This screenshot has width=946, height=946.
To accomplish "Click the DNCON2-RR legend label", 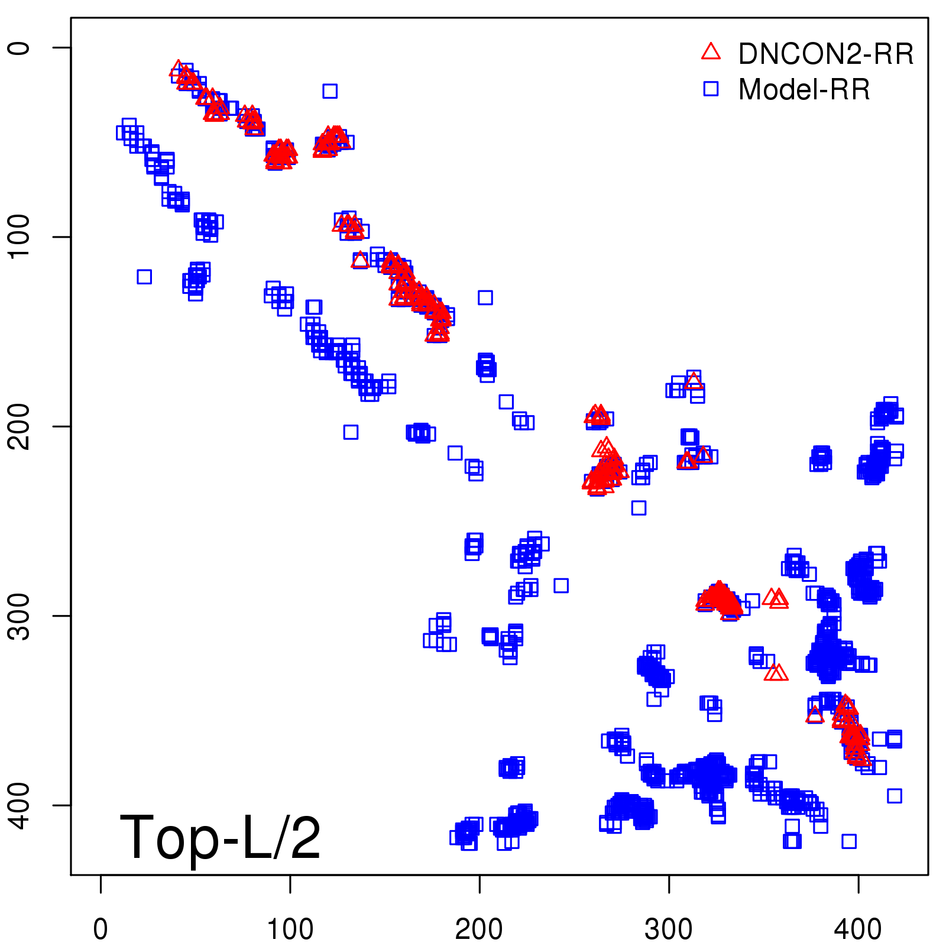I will tap(825, 54).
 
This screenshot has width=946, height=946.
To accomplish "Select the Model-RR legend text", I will tap(804, 90).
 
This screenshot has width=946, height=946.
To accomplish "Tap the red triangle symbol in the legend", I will tap(711, 52).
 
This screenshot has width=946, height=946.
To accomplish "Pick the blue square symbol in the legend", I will tap(711, 89).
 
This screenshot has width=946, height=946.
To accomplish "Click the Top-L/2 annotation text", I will tap(220, 837).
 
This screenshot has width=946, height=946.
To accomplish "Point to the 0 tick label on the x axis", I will tap(101, 929).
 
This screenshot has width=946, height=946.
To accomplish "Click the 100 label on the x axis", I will tap(290, 929).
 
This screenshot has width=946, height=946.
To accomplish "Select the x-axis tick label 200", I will tap(479, 929).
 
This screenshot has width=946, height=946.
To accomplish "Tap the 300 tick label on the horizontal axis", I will tap(669, 929).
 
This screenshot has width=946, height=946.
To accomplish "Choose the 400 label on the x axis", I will tap(858, 929).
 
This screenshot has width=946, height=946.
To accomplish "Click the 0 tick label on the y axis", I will tap(19, 47).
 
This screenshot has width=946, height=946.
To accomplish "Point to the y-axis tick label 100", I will tap(19, 237).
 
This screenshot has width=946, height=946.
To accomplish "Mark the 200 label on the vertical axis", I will tap(19, 426).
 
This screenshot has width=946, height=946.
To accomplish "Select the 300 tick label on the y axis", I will tap(19, 615).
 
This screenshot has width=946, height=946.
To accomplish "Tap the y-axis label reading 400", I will tap(19, 805).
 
